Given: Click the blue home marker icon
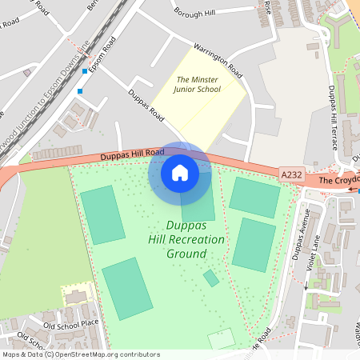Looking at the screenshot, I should pos(179,173).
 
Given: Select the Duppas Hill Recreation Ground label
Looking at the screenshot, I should pos(186,239).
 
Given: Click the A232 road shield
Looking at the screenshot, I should pos(291,174).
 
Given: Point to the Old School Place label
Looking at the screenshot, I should pos(70,324).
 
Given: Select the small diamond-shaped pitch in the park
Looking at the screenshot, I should pos(210,278).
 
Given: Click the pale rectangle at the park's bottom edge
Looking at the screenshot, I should pos(222,338).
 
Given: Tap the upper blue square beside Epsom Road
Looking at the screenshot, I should pos(84,71).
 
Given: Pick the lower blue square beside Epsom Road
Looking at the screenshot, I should pos(79,91).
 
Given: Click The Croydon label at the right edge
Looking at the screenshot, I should pos(339,182).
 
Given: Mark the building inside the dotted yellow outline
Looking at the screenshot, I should pos(77,298).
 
